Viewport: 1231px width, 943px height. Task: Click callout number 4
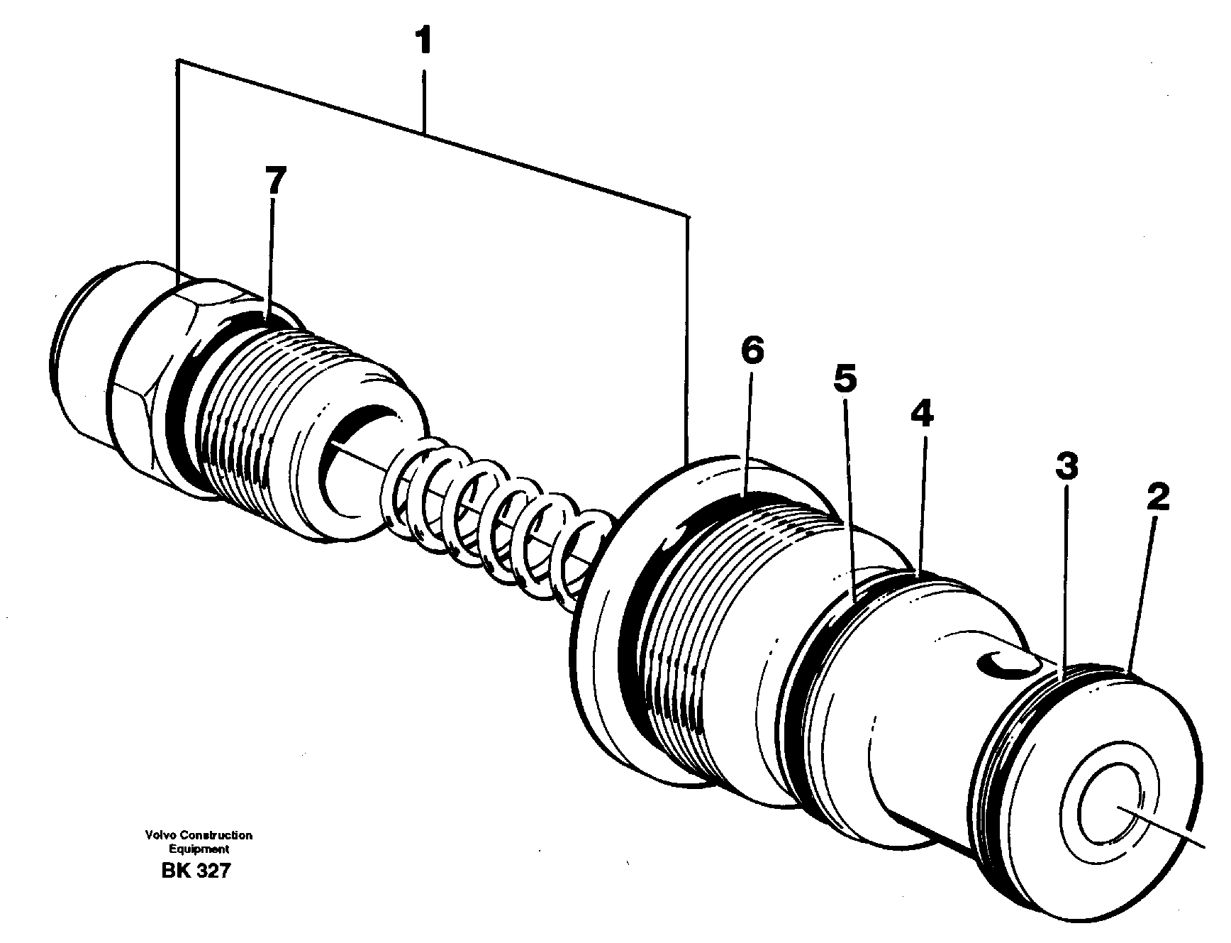click(x=922, y=414)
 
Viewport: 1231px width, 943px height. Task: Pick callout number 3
click(x=1066, y=466)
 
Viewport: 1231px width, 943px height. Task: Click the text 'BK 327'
click(x=196, y=871)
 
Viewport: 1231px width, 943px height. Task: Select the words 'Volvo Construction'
click(x=199, y=836)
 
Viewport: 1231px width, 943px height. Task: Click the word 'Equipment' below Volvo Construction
click(x=199, y=849)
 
